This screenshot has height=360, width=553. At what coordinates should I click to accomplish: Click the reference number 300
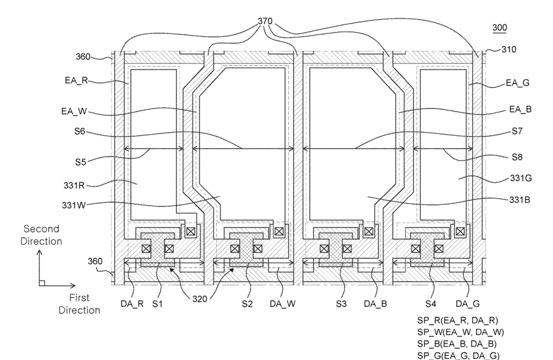click(499, 28)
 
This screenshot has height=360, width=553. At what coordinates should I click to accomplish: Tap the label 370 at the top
click(265, 21)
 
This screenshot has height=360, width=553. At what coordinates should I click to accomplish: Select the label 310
click(508, 50)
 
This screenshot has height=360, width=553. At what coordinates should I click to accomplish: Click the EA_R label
click(76, 80)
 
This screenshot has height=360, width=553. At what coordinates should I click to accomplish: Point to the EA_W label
click(74, 112)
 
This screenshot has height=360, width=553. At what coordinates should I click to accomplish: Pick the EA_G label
click(518, 83)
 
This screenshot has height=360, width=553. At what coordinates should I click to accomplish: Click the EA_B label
click(520, 109)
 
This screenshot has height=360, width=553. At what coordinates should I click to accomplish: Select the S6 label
click(80, 131)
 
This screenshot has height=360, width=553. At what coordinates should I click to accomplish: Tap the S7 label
click(517, 131)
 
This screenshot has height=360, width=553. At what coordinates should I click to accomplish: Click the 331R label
click(74, 185)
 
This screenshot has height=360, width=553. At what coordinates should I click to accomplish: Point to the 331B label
click(520, 200)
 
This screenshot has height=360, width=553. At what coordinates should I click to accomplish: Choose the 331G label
click(521, 178)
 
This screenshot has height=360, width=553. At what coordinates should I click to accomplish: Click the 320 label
click(200, 299)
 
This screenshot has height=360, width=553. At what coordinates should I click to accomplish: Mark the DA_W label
click(283, 304)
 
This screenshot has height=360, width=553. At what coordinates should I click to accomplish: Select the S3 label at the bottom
click(341, 304)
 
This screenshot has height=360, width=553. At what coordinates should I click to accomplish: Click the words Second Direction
click(41, 235)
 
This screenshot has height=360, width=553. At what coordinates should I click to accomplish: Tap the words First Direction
click(79, 304)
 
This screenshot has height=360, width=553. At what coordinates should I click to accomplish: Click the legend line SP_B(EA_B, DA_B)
click(457, 344)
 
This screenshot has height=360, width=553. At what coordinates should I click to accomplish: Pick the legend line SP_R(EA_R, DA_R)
click(458, 321)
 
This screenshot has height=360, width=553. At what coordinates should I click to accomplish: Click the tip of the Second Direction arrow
click(39, 250)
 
